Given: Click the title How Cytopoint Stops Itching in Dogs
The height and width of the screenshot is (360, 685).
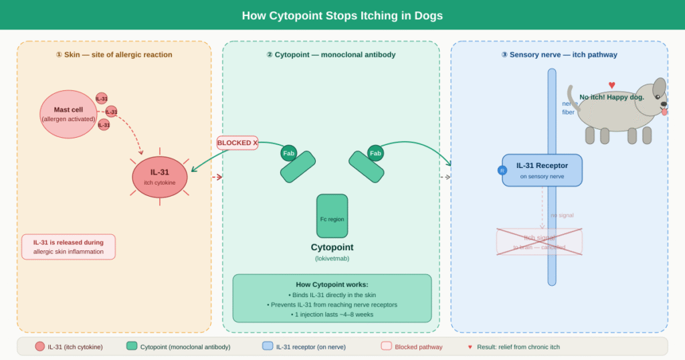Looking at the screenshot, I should (x=342, y=15).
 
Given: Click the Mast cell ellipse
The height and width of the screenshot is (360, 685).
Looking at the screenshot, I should (x=68, y=114).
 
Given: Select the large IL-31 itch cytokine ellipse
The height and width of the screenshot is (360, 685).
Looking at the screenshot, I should (x=159, y=177).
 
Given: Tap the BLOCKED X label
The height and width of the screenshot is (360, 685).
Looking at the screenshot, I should (x=237, y=143).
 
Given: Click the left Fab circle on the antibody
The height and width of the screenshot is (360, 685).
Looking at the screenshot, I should (x=288, y=153).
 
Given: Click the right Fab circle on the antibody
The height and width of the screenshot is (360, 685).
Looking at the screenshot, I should (x=375, y=153).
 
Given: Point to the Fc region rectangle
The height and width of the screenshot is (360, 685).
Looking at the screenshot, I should (x=332, y=216).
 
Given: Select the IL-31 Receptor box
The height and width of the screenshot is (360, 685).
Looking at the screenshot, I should (x=543, y=170).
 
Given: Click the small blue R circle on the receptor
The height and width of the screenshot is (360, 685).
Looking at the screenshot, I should (x=502, y=170).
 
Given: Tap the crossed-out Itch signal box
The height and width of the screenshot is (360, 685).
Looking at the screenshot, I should (x=539, y=242).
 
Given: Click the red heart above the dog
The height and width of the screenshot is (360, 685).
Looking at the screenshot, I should (x=611, y=85).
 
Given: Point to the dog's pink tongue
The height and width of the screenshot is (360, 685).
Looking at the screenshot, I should (x=664, y=112).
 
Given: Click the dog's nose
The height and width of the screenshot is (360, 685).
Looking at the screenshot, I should (x=664, y=104).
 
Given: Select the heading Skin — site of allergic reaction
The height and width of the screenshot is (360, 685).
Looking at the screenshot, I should (x=114, y=55).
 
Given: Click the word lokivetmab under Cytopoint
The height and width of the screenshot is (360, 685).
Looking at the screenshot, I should (x=332, y=258).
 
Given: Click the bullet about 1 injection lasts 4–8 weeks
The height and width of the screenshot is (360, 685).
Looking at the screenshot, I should (x=332, y=314).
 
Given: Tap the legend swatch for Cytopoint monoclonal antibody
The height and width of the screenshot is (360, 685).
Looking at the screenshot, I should (x=132, y=347).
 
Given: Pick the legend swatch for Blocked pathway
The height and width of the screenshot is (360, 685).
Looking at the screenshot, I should (x=386, y=347).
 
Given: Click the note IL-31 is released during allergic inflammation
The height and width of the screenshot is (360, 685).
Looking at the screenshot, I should (x=68, y=247).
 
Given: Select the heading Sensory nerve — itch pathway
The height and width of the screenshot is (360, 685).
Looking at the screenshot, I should (x=559, y=55).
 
